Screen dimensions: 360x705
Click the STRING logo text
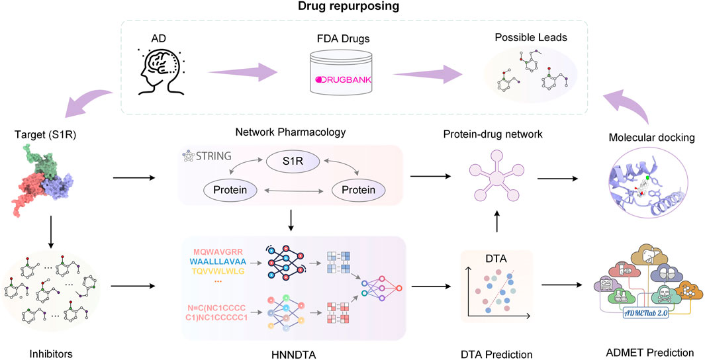click(211, 157)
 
